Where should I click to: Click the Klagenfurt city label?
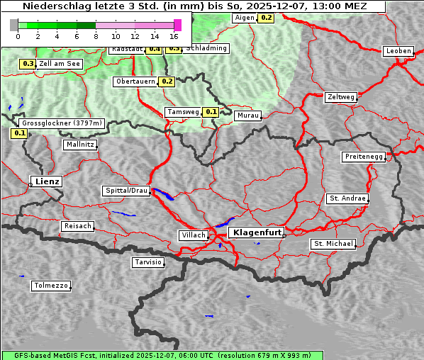tap(258, 232)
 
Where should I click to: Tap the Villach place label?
tap(193, 235)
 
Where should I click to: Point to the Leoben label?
tap(398, 51)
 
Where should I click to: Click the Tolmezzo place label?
tap(50, 286)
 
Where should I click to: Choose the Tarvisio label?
tap(148, 262)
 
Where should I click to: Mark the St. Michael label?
tap(333, 244)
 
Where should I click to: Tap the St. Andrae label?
tap(347, 198)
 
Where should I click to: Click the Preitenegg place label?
tap(364, 157)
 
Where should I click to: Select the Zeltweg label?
tap(341, 97)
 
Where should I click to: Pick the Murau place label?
tap(248, 115)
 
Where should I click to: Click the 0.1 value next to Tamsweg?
tap(211, 112)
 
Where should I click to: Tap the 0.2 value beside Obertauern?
tap(167, 81)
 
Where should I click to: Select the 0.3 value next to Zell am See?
tap(28, 64)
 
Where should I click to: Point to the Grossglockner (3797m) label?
tap(62, 123)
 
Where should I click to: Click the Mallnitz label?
tap(80, 144)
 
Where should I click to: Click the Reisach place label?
tap(77, 226)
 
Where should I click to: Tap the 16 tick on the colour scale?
tap(174, 35)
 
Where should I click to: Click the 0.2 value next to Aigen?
tap(266, 17)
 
